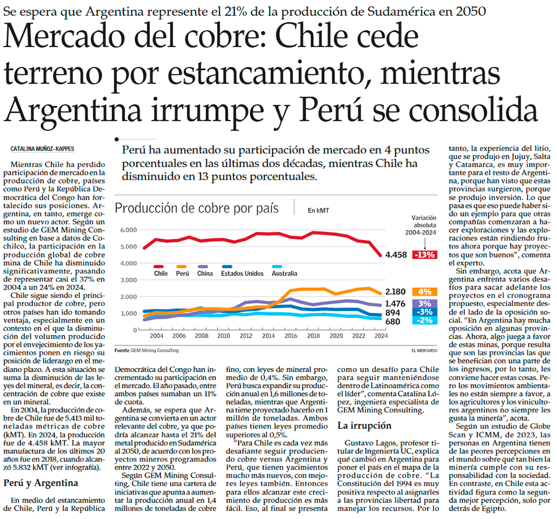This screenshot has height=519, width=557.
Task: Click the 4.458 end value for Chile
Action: (x=396, y=254)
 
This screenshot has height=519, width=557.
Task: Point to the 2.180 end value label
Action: (x=396, y=292)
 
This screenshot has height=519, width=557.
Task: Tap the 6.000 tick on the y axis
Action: (x=128, y=230)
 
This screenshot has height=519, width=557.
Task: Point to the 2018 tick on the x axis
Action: (x=313, y=335)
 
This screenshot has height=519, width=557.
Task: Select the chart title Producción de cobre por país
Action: (x=197, y=208)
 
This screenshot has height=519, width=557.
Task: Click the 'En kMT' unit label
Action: (x=318, y=210)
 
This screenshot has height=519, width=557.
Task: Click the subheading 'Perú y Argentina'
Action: (x=41, y=483)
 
